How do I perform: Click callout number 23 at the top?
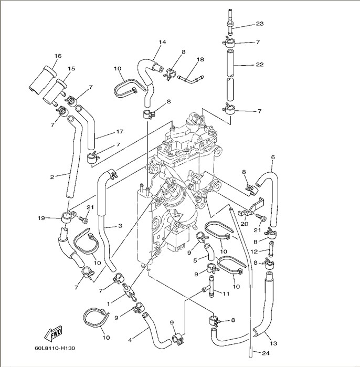[x=259, y=24]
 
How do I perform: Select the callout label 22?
[x=259, y=65]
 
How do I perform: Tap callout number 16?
[x=58, y=56]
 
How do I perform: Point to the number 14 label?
[x=162, y=41]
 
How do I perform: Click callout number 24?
[x=258, y=352]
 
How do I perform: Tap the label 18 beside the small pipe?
[x=200, y=60]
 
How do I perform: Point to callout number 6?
[x=273, y=157]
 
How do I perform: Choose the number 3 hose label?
[x=120, y=226]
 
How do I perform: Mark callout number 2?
[x=51, y=177]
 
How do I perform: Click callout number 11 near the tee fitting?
[x=227, y=294]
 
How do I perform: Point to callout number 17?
[x=120, y=131]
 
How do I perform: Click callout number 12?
[x=253, y=253]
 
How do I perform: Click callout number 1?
[x=109, y=303]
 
